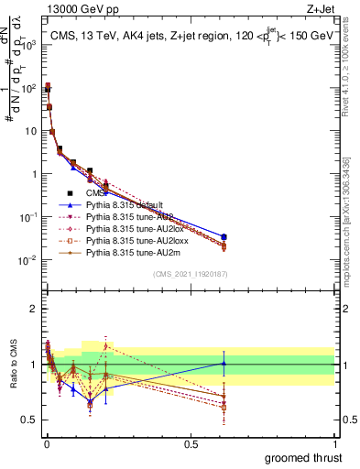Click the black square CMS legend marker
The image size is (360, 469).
pos(70,193)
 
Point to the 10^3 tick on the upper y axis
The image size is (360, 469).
pos(29,45)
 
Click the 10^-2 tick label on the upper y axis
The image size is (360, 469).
pos(29,260)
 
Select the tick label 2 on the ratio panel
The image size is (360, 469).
pos(34,309)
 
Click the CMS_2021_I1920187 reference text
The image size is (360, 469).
pos(191,274)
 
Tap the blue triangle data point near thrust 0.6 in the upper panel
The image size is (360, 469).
pos(224,237)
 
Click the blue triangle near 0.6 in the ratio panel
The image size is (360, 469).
pos(224,363)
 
